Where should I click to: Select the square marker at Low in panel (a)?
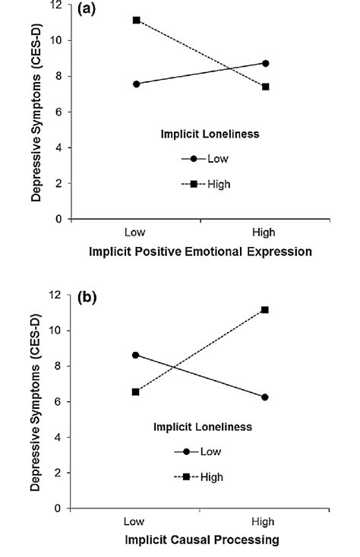click(x=136, y=20)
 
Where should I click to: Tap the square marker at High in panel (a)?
click(x=266, y=87)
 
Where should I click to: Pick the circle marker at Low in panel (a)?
click(x=136, y=84)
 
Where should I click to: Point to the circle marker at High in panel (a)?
click(x=266, y=63)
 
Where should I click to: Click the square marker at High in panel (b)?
click(x=266, y=310)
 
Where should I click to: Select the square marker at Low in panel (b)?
click(x=136, y=392)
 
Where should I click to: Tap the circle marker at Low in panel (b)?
click(x=136, y=355)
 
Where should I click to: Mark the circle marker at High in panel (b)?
click(x=266, y=397)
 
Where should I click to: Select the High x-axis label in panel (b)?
click(x=266, y=523)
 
